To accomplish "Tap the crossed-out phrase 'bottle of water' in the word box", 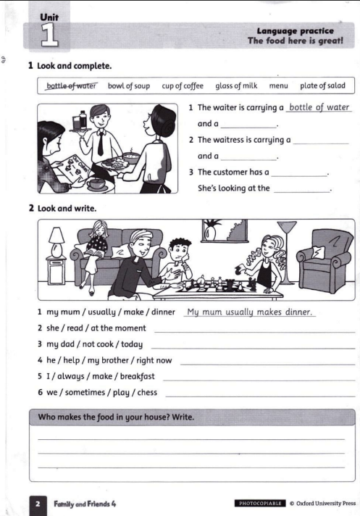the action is (70, 86).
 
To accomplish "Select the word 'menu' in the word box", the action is (278, 86).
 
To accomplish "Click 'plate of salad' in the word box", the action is (322, 86).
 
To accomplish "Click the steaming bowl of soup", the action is (131, 155).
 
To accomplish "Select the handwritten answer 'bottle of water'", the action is (319, 108).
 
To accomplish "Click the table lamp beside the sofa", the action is (56, 246).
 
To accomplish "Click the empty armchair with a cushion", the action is (324, 259).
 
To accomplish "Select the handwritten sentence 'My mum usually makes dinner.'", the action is (248, 312).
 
